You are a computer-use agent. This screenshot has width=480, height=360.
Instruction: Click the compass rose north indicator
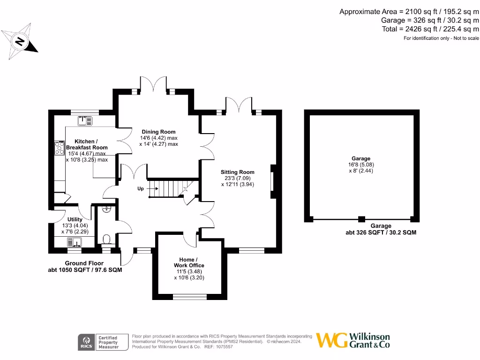tap(19, 41)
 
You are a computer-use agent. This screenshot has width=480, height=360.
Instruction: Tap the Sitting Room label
tap(238, 172)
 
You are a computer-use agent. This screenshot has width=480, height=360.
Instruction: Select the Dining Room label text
tap(158, 132)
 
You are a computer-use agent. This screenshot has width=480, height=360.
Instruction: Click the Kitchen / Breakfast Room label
tap(86, 144)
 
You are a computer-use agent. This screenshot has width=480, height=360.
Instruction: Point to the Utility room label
tap(75, 219)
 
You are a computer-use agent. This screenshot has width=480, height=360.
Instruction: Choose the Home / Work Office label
tap(189, 262)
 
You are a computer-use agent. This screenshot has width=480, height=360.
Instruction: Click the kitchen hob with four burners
tap(60, 148)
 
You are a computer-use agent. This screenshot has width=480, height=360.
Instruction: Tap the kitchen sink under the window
tap(85, 121)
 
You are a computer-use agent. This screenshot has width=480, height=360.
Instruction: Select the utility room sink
tap(75, 242)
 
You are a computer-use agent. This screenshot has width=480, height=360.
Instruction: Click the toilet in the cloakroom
tap(106, 240)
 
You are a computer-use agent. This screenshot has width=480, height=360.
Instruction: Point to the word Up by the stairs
tap(141, 188)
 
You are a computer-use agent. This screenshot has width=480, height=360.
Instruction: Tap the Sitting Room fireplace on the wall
tap(272, 181)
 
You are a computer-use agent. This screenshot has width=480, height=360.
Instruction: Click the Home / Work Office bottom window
tap(189, 296)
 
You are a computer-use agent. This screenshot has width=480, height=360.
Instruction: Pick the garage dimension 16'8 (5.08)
tap(361, 165)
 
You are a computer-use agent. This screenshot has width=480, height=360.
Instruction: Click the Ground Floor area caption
tap(84, 266)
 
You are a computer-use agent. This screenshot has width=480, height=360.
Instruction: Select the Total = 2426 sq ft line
tap(430, 29)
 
